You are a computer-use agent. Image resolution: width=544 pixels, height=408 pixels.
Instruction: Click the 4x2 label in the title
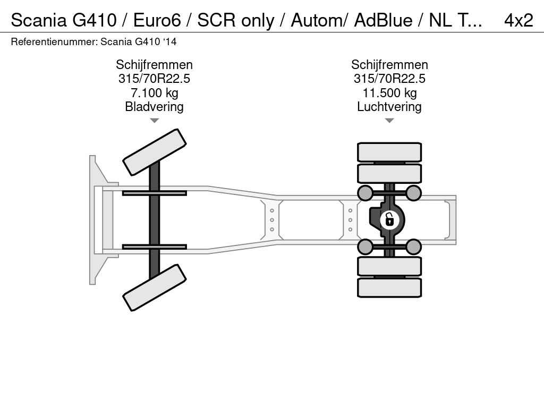[x=518, y=20]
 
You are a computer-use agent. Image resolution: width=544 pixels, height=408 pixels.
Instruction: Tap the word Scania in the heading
[x=39, y=20]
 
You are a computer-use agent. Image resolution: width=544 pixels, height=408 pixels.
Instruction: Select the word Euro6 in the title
[x=157, y=20]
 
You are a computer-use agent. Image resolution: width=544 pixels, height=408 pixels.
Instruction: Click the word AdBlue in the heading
[x=383, y=20]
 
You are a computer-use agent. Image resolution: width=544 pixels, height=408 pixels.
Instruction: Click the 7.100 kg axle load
[x=155, y=92]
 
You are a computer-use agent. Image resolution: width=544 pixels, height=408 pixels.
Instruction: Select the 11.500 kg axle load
[x=389, y=92]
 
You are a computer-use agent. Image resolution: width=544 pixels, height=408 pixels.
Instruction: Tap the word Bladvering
[x=155, y=106]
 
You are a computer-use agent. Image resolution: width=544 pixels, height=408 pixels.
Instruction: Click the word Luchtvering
[x=389, y=106]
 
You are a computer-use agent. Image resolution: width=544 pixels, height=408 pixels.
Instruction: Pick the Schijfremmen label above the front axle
[x=155, y=64]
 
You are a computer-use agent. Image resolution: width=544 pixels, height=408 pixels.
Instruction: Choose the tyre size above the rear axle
[x=389, y=79]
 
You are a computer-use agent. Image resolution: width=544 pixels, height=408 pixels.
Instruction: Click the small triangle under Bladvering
[x=155, y=121]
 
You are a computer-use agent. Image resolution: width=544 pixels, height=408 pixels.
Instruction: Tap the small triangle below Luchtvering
[x=389, y=121]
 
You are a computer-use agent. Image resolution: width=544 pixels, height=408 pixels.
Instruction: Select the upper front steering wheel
[x=155, y=152]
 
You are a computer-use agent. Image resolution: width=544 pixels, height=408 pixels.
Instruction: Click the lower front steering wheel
[x=155, y=287]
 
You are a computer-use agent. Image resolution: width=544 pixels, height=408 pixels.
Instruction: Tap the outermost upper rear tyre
[x=389, y=152]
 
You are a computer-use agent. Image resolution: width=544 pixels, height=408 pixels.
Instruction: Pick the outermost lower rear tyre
[x=389, y=287]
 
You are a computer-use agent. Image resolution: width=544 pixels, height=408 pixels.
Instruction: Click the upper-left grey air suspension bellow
[x=365, y=193]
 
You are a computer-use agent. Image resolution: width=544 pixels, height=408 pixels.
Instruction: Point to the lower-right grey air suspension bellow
[x=413, y=246]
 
